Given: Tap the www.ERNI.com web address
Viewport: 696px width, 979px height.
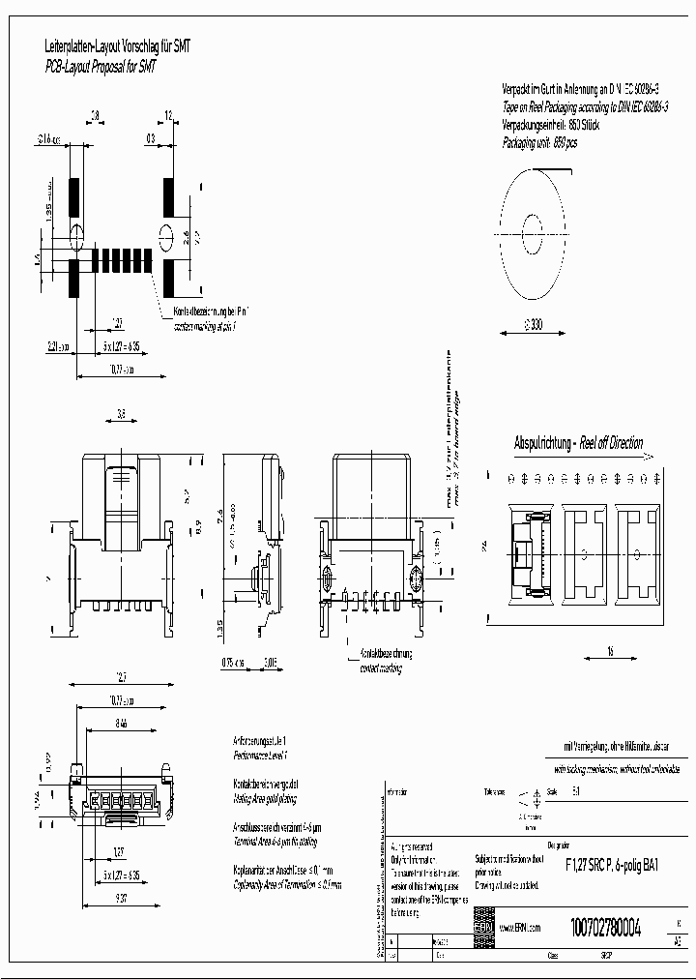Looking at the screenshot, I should tap(520, 926).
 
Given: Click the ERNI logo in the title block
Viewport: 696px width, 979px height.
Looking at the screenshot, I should tap(483, 926).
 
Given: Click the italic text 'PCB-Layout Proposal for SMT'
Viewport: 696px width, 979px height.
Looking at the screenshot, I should tap(101, 66).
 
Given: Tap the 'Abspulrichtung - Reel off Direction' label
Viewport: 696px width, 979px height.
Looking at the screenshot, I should tap(578, 443).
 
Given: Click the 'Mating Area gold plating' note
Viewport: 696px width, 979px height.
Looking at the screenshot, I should tap(266, 799).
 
